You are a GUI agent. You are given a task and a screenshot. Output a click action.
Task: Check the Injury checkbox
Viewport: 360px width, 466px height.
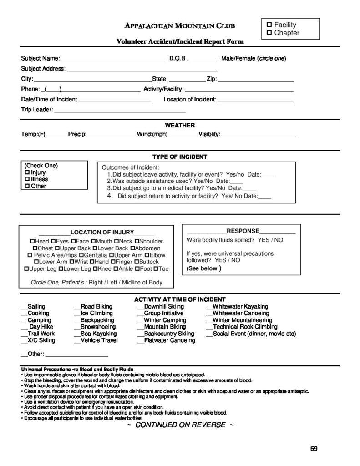point(27,173)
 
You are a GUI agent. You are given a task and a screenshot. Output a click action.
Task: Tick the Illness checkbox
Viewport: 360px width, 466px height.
point(27,179)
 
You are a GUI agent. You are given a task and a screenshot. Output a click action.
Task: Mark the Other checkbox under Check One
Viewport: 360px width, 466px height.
point(27,186)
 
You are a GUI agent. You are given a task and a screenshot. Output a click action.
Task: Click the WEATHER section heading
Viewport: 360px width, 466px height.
point(180,125)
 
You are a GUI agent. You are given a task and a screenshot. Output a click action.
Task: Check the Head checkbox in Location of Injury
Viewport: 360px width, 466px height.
point(32,241)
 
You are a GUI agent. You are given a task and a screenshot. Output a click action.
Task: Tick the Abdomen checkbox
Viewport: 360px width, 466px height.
point(133,248)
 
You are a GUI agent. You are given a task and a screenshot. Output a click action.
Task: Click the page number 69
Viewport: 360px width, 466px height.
point(314,448)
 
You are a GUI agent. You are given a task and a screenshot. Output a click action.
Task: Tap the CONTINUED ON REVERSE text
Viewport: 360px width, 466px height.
point(180,425)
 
